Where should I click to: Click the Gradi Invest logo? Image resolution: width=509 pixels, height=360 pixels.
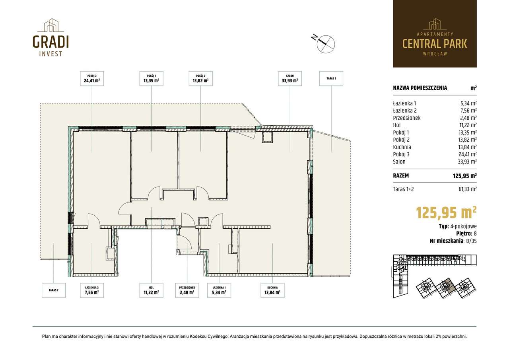point(51,37)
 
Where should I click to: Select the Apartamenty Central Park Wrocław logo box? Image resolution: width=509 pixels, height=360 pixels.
point(435,34)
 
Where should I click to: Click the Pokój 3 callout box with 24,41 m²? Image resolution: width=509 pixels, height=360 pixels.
point(92,78)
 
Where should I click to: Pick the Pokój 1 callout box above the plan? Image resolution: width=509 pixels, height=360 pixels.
point(152,78)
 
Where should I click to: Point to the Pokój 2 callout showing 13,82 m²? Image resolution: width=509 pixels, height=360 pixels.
point(201,78)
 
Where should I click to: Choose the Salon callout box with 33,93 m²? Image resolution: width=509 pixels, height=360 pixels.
point(290,78)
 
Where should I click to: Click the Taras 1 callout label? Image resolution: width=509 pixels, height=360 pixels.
point(331,78)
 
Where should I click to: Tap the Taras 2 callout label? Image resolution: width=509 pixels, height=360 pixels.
point(54,290)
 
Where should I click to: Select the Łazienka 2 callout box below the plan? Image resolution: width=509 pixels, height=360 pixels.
point(92,290)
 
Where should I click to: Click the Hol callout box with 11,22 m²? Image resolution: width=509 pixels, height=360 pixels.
point(152,290)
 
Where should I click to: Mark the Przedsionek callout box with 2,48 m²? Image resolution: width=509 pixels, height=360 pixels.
point(187,290)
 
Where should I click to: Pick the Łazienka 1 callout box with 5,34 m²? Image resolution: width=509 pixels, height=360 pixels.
point(219,290)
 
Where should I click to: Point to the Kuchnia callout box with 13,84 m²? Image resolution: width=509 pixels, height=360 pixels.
point(272,290)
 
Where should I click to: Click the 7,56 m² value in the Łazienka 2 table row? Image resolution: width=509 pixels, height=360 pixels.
point(468,111)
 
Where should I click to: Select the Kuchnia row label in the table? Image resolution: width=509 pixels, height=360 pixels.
point(402,147)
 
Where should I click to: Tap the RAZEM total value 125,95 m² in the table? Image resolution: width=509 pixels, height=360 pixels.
point(465,176)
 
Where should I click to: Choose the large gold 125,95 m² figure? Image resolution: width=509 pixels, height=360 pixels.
point(446,213)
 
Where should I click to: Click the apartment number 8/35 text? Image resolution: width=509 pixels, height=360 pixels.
point(471,241)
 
